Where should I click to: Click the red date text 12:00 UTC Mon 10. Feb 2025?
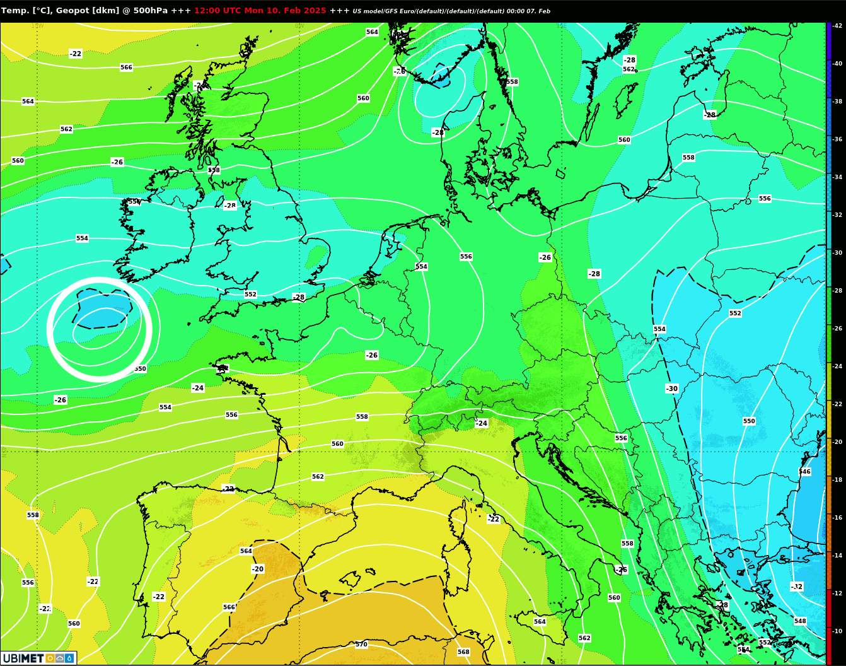260,11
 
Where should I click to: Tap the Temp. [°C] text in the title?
25,11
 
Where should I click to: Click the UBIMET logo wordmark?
23,658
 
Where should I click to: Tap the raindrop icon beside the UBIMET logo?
69,658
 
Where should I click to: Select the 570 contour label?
361,645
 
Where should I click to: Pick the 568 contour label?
463,652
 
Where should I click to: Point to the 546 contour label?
804,472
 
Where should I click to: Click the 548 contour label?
800,621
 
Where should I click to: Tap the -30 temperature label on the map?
672,389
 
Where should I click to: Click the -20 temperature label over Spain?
258,569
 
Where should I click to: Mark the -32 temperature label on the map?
797,587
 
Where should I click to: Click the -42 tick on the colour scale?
837,26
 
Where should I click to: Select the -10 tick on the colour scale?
837,631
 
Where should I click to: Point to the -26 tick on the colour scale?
837,329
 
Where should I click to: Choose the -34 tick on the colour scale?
837,177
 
